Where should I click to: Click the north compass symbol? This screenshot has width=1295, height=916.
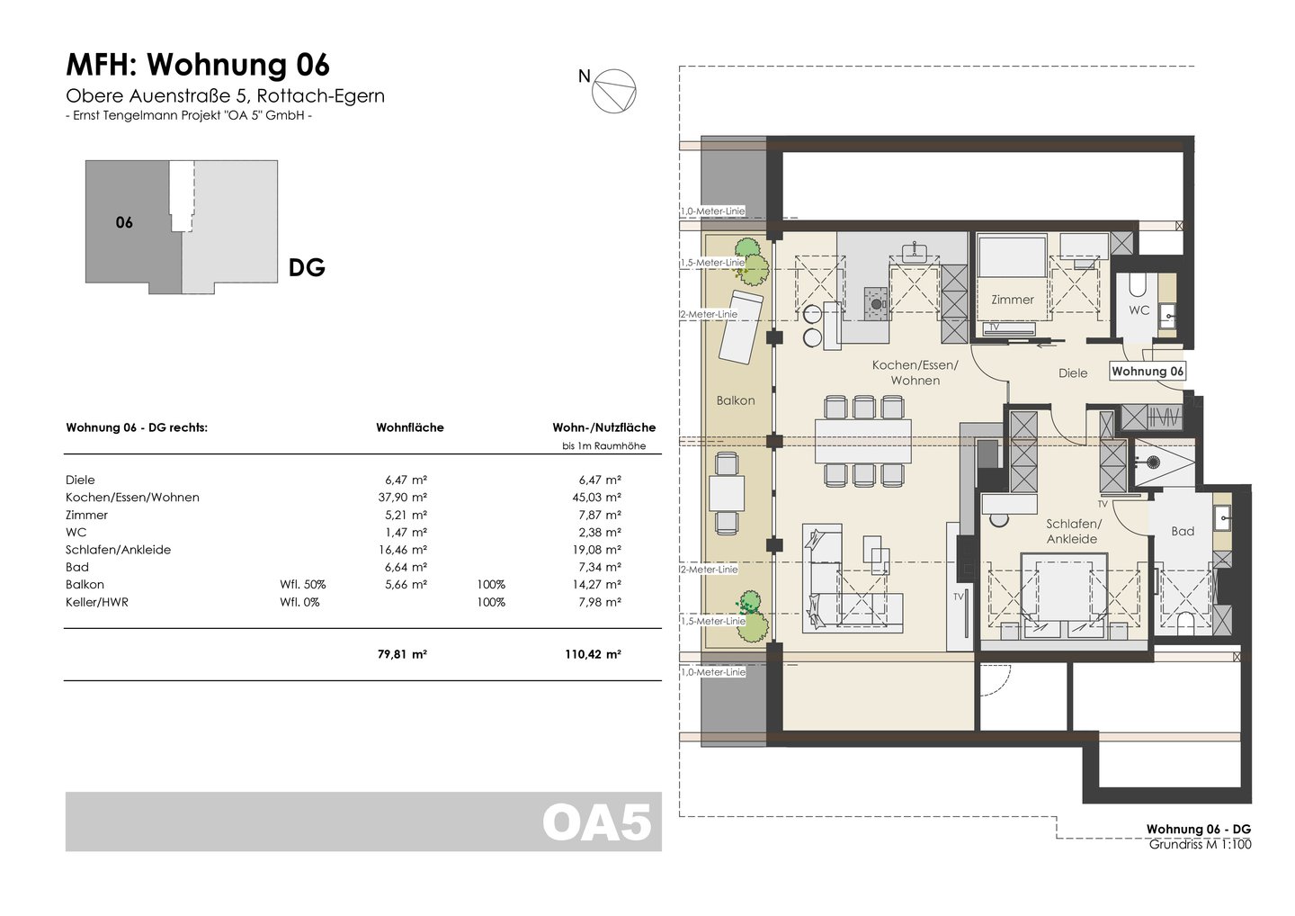click(613, 91)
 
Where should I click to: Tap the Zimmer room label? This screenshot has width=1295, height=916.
click(1013, 300)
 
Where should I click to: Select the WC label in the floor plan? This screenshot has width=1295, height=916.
click(1139, 310)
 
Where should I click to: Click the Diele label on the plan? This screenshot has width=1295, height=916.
click(1073, 373)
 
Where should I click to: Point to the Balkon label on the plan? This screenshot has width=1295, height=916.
click(736, 400)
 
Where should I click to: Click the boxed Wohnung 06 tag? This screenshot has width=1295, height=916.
click(1148, 372)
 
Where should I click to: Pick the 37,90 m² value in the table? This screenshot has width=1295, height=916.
click(402, 498)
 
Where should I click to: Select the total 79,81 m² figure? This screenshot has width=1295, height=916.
click(402, 654)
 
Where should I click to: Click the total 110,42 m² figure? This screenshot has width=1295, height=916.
click(593, 654)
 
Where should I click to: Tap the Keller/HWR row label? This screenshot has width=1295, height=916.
click(97, 602)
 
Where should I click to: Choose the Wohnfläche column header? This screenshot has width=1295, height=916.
click(410, 427)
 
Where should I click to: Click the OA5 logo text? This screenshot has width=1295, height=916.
click(597, 822)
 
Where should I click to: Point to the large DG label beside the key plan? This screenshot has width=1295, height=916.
click(307, 268)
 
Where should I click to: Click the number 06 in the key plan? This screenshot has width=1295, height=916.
click(124, 222)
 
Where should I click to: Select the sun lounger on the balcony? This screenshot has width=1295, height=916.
click(741, 327)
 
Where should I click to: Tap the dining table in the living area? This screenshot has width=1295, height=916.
click(863, 441)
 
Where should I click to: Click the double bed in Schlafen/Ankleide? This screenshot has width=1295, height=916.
click(1065, 596)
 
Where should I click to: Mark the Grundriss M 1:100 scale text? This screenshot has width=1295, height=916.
click(1200, 844)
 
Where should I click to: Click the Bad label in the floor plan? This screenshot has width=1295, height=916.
click(1183, 531)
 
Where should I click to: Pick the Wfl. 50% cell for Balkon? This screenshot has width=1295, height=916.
click(303, 585)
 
